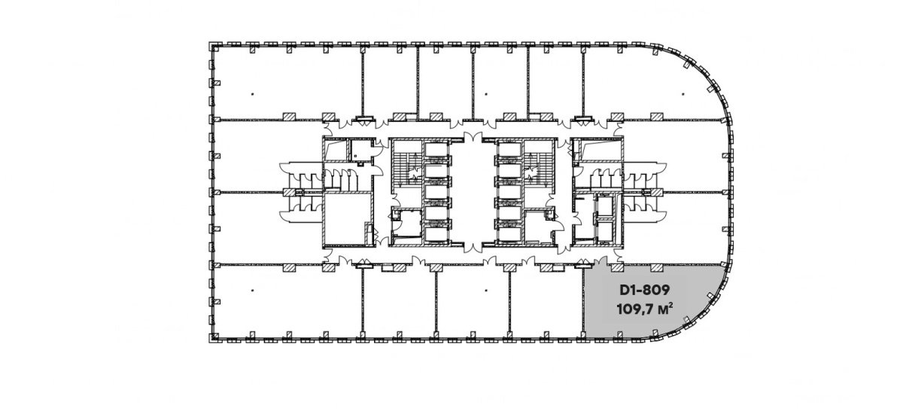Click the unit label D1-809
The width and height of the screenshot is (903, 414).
point(644,290)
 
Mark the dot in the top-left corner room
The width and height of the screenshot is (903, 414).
point(253,94)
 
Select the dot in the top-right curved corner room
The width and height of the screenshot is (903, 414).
point(683,94)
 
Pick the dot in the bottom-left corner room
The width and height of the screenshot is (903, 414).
point(253,290)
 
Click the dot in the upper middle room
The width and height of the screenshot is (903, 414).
point(487,94)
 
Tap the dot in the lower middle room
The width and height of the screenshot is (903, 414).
point(487,290)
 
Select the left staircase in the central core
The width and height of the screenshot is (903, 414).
point(407,169)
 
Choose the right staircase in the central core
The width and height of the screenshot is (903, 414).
point(538,169)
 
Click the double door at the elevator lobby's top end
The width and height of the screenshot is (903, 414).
point(473,138)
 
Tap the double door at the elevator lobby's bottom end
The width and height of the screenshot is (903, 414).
point(473,247)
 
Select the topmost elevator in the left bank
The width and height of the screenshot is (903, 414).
point(436,150)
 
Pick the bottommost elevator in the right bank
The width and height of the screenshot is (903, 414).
point(509,235)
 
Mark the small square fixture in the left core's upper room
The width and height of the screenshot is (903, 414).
point(74,156)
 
